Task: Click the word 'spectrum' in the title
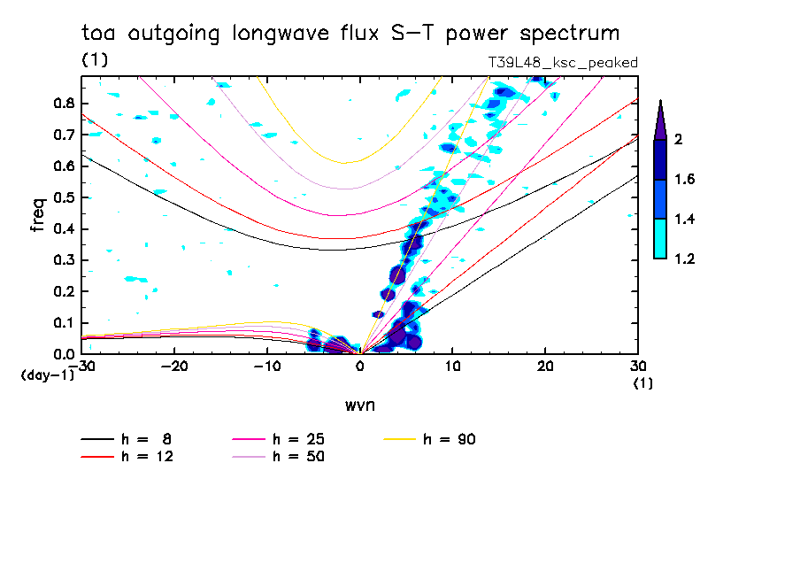tap(569, 34)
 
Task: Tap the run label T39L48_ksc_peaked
tap(563, 63)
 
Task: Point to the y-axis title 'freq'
tap(38, 214)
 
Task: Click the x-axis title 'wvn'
tap(359, 405)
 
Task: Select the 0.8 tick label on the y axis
tap(64, 103)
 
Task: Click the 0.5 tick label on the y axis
tap(64, 197)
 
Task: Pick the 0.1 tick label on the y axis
tap(64, 323)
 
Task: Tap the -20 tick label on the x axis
tap(174, 367)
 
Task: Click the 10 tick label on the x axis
tap(452, 367)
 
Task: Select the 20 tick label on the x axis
tap(545, 367)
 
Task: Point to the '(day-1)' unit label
tap(47, 375)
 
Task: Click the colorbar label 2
tap(678, 139)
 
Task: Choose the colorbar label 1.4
tap(685, 219)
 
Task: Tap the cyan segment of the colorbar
tap(660, 239)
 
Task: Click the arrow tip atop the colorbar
tap(661, 100)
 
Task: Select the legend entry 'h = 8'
tap(126, 439)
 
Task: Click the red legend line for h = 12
tap(97, 457)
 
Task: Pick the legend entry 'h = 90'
tap(429, 439)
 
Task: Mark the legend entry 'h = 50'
tap(279, 457)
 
